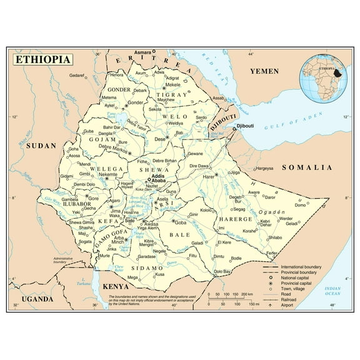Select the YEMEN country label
coord(264,72)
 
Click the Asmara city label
coord(143,52)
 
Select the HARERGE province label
coord(235,219)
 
